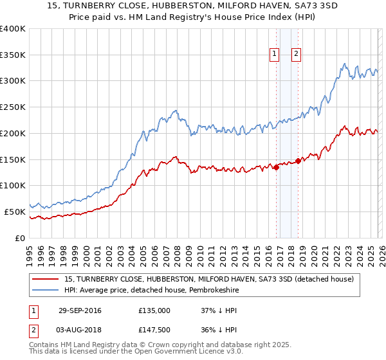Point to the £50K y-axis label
pos(14,212)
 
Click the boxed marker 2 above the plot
pos(297,55)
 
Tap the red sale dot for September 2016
pos(276,168)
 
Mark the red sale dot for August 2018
pos(297,161)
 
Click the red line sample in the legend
pos(46,280)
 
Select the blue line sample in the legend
pos(46,291)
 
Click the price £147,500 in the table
pos(154,330)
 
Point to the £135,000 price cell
pos(154,310)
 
